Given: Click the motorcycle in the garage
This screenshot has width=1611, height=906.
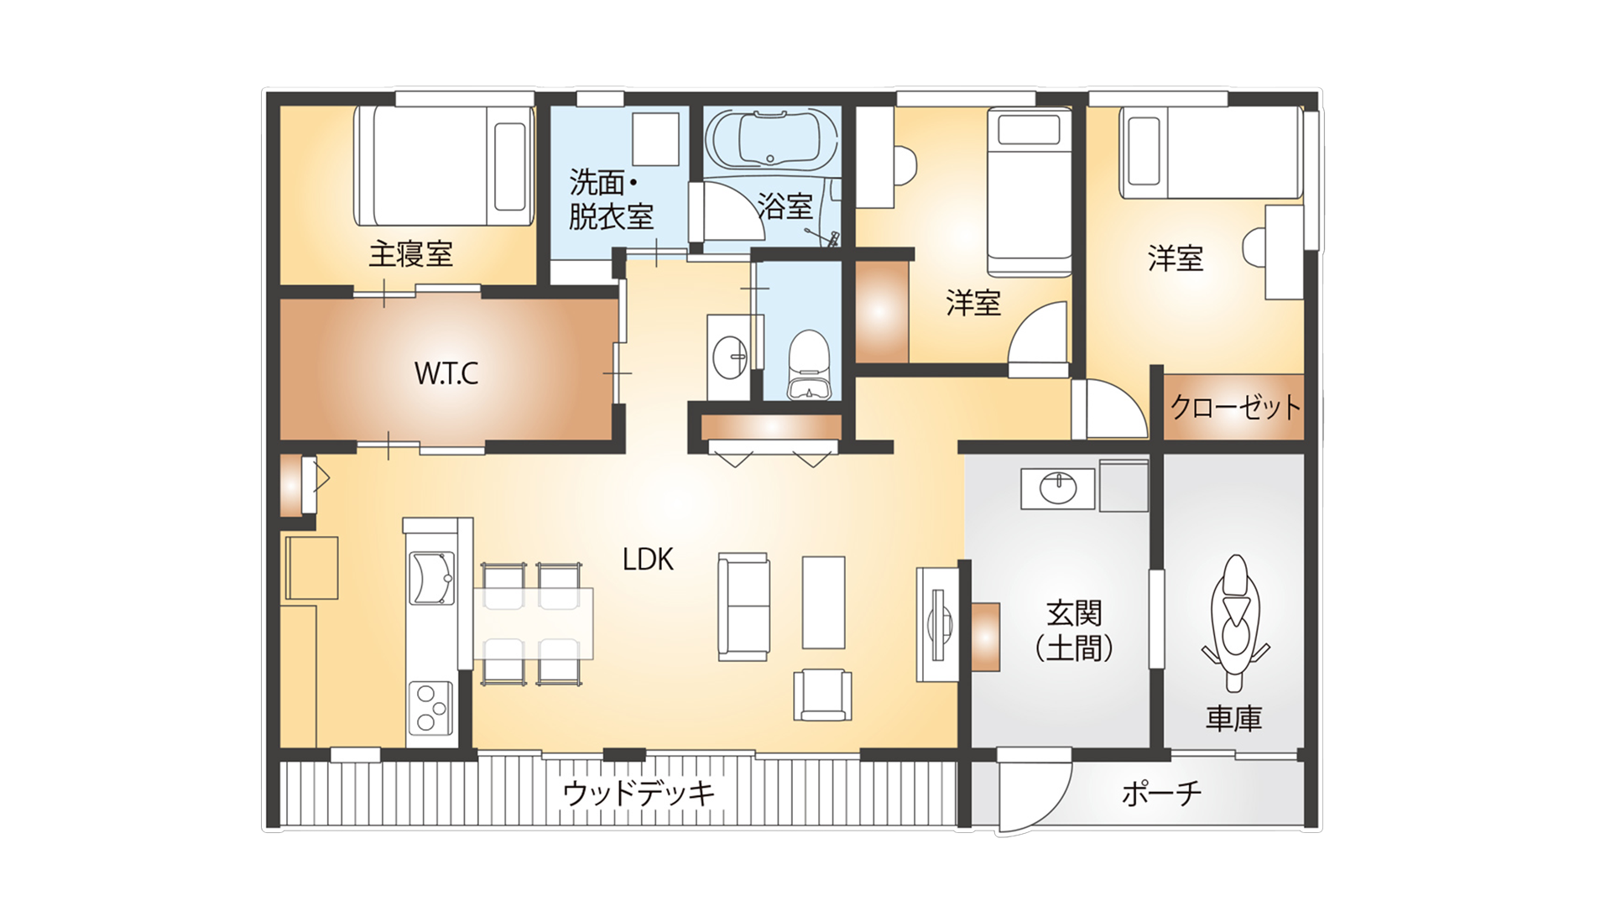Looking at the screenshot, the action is point(1234,622).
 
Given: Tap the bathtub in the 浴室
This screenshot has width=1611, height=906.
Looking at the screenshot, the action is point(771,138).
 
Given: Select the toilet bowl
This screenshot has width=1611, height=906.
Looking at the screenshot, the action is point(809,364).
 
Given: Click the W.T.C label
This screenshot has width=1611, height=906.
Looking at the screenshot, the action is point(446,373).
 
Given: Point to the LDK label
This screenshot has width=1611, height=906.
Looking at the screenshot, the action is point(648,560).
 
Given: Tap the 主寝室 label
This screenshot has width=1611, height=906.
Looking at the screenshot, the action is point(411,253).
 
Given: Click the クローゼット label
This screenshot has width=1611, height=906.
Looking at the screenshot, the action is point(1235,407).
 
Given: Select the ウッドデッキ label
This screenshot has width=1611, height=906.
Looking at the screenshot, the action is point(639,793).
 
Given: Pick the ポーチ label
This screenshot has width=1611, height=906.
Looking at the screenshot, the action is point(1162,793).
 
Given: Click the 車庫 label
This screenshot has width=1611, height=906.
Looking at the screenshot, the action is point(1234,719).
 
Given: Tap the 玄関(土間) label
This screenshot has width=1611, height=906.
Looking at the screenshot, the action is point(1074,631).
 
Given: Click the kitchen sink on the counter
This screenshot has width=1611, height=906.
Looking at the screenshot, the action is point(431,578).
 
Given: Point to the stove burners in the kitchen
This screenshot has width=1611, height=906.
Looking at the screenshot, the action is point(431,709).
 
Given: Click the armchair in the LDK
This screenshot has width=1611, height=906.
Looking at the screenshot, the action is point(823,695).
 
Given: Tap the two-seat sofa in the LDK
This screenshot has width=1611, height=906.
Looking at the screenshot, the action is point(743,607).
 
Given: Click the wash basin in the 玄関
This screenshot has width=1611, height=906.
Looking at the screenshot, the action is point(1058,487).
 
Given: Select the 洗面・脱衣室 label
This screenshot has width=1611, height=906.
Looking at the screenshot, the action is point(611,200).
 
